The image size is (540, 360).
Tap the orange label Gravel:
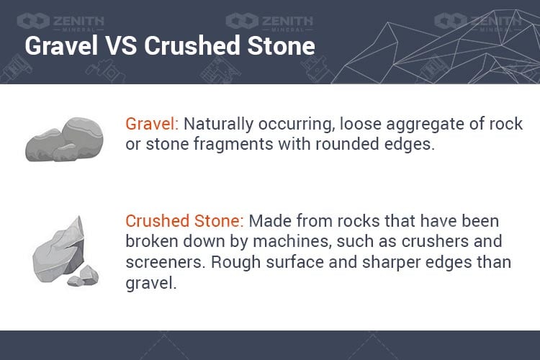coord(152,124)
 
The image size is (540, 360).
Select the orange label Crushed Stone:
coord(184,221)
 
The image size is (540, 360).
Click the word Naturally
coord(218,125)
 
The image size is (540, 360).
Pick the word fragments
coord(233,145)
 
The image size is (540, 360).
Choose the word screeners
coord(166,263)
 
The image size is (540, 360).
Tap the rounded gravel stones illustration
coord(64,140)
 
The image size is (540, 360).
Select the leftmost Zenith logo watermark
coord(60,22)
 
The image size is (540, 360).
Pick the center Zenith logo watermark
coord(269,22)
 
